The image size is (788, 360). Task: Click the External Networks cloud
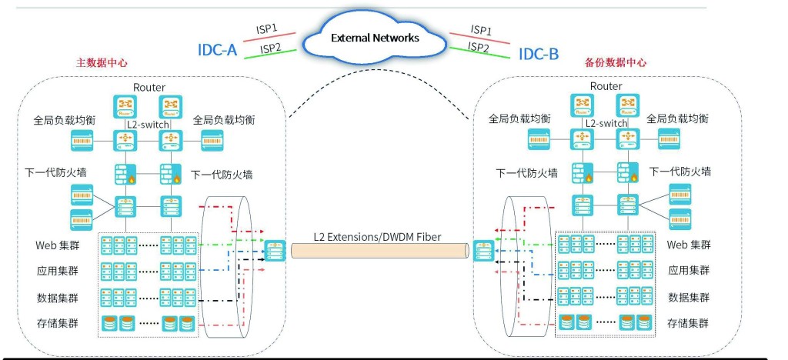(x=375, y=38)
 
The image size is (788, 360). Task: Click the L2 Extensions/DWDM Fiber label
(x=377, y=237)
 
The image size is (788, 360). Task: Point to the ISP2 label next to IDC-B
(x=479, y=48)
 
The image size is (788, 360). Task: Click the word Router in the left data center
(x=149, y=88)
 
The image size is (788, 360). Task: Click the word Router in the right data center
(x=606, y=86)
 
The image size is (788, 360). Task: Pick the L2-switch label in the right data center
(x=606, y=122)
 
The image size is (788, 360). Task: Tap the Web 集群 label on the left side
(x=59, y=246)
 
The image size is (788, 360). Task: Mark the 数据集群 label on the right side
(x=689, y=297)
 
